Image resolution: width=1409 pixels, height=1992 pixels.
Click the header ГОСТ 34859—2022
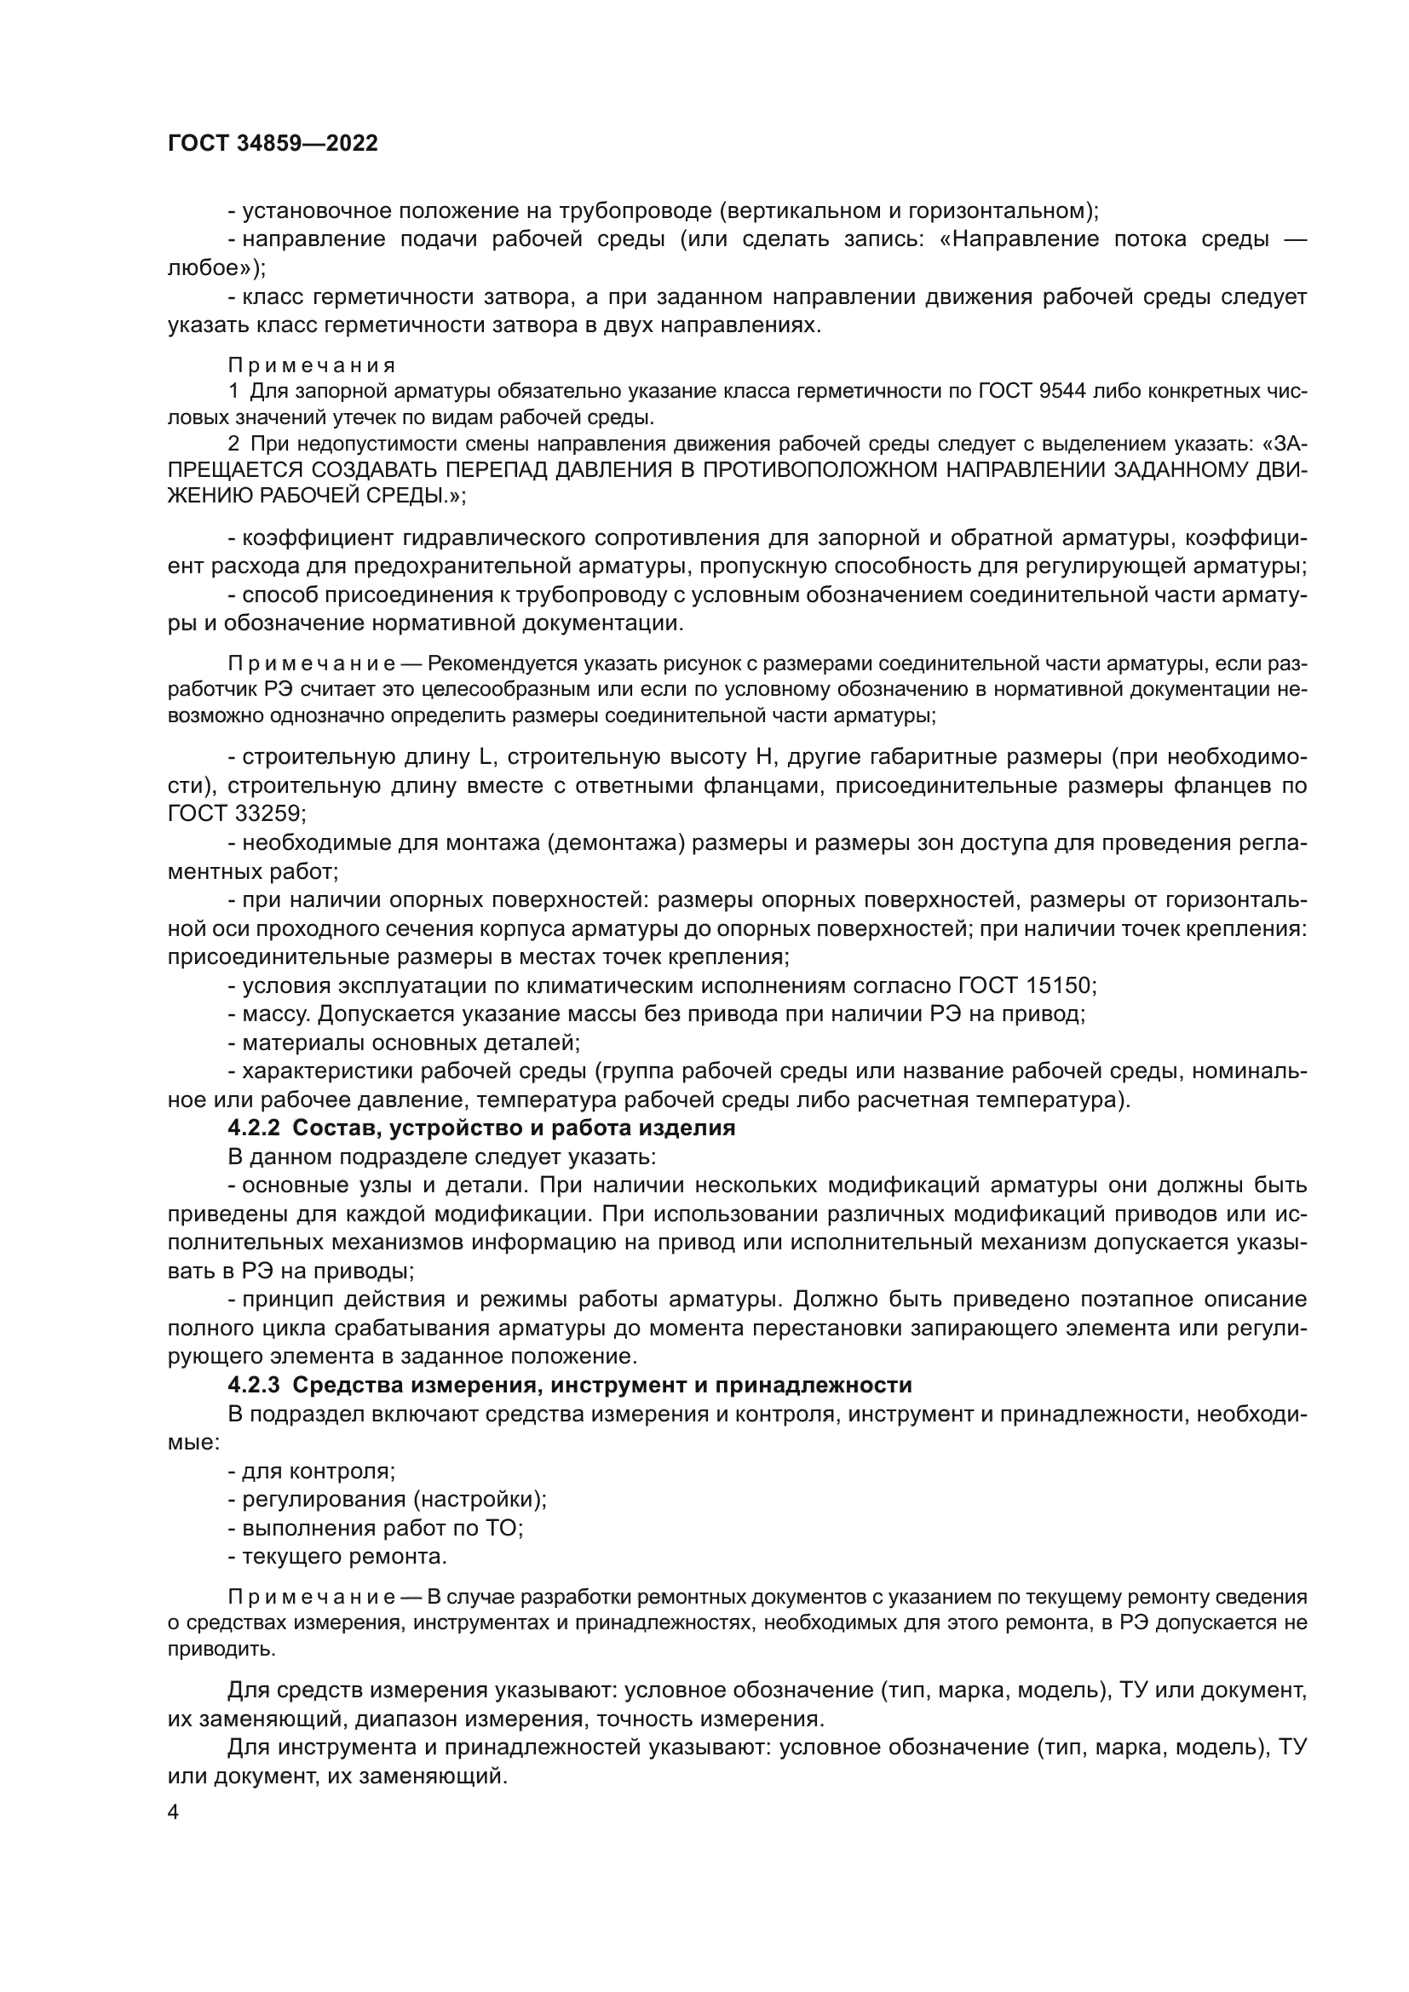click(x=273, y=144)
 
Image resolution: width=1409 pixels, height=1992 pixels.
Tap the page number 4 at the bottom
click(x=174, y=1812)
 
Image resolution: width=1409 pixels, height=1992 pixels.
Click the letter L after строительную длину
click(x=486, y=757)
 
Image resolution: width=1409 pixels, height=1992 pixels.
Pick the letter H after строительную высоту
click(x=763, y=757)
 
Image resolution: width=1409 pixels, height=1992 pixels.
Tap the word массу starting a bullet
click(x=277, y=1014)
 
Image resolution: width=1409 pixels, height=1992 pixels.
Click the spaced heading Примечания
click(x=313, y=365)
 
